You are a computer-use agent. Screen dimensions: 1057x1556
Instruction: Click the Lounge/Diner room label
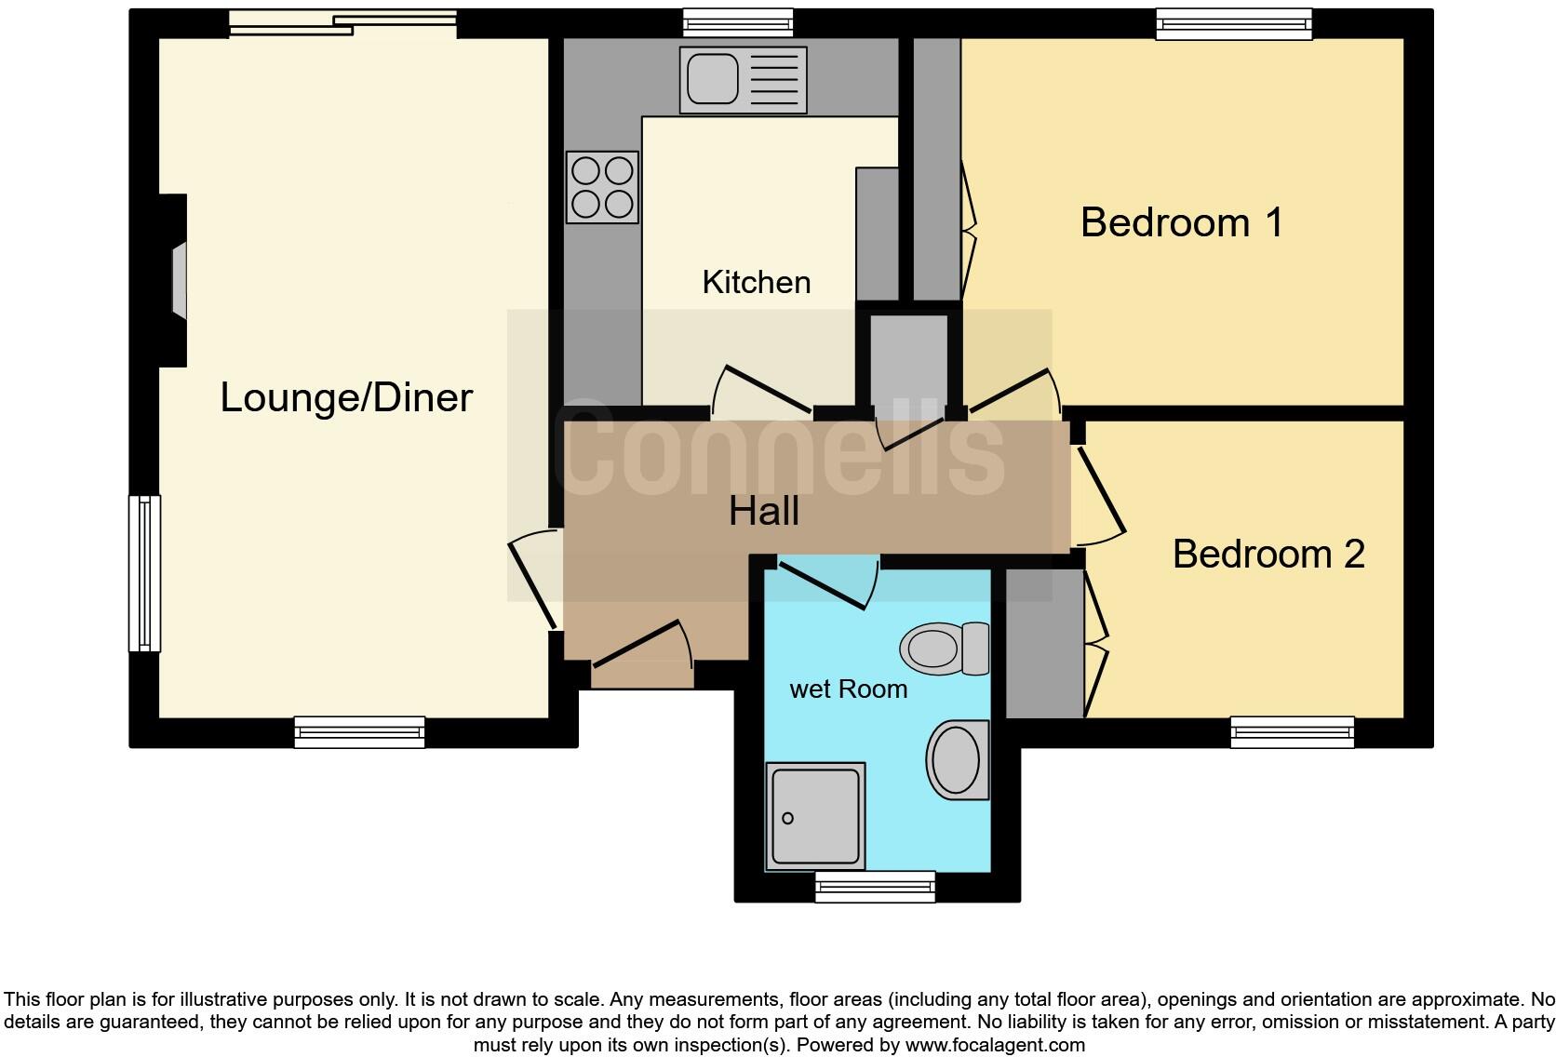pyautogui.click(x=346, y=398)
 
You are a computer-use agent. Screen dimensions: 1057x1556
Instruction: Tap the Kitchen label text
pyautogui.click(x=756, y=283)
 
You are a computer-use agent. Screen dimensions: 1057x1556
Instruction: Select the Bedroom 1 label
pyautogui.click(x=1182, y=223)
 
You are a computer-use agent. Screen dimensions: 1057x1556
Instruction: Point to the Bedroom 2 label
pyautogui.click(x=1268, y=555)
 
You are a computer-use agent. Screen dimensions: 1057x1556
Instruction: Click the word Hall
pyautogui.click(x=763, y=511)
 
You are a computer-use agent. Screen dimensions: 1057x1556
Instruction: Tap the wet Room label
pyautogui.click(x=848, y=689)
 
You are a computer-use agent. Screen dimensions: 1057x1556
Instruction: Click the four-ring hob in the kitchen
pyautogui.click(x=602, y=187)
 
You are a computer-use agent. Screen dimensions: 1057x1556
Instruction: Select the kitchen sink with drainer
pyautogui.click(x=743, y=80)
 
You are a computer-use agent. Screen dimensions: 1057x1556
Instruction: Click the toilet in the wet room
pyautogui.click(x=944, y=649)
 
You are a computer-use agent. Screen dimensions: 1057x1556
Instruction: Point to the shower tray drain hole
pyautogui.click(x=787, y=819)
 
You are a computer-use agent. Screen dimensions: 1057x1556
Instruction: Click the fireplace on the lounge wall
pyautogui.click(x=177, y=281)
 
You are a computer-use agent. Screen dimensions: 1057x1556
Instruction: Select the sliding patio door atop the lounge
pyautogui.click(x=342, y=23)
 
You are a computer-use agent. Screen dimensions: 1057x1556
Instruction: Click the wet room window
pyautogui.click(x=875, y=887)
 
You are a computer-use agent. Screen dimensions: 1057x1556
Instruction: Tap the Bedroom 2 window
pyautogui.click(x=1292, y=732)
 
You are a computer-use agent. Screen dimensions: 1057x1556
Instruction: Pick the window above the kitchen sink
pyautogui.click(x=737, y=22)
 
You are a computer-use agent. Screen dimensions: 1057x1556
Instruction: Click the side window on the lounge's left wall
pyautogui.click(x=144, y=573)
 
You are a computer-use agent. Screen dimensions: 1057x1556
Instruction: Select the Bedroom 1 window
pyautogui.click(x=1233, y=23)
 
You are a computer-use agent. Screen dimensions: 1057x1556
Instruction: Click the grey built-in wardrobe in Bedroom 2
pyautogui.click(x=1044, y=643)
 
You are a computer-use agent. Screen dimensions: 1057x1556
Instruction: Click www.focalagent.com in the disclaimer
pyautogui.click(x=994, y=1045)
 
